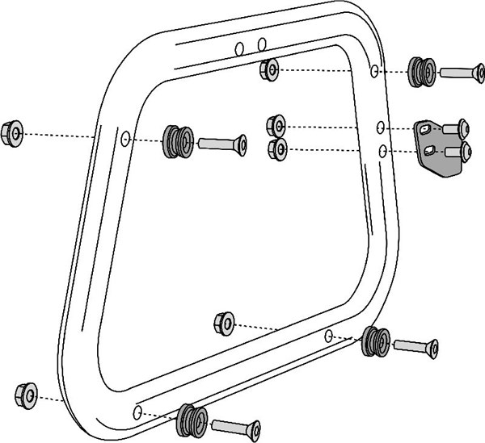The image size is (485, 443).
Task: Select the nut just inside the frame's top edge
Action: [x=269, y=70]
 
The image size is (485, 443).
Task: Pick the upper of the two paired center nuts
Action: [x=276, y=125]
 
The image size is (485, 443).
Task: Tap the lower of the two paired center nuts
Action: [x=278, y=148]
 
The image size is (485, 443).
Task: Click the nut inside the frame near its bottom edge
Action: [x=223, y=324]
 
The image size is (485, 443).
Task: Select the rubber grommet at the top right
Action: [x=420, y=70]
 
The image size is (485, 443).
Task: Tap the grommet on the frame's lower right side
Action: [x=375, y=341]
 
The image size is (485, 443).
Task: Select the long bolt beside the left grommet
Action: [x=221, y=145]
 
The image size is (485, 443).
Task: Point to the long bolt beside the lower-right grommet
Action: [x=415, y=348]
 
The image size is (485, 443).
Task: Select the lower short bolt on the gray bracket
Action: [x=463, y=151]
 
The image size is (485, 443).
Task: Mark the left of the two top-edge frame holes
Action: [x=241, y=42]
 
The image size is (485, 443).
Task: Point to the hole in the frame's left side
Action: [x=125, y=139]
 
